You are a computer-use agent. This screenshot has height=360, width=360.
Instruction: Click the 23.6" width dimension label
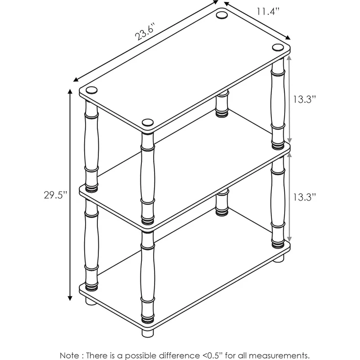point(145,31)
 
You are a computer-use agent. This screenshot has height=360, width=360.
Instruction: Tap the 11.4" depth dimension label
point(268,11)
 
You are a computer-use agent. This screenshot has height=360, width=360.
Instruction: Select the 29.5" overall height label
point(56,195)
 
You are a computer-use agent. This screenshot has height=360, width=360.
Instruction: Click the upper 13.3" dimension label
point(304,99)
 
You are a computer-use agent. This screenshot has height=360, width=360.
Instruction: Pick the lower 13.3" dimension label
point(304,197)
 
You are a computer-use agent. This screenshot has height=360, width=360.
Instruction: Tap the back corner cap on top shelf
point(222,15)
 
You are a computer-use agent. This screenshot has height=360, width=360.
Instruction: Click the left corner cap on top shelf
point(91,90)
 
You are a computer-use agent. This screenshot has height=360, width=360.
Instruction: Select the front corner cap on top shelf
point(148,122)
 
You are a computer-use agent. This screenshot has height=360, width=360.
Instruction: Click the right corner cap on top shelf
point(278,47)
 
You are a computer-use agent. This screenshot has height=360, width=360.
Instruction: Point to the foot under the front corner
point(148,333)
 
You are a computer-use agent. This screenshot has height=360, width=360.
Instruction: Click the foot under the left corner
point(91,301)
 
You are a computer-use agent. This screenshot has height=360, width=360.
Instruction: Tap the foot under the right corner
point(278,258)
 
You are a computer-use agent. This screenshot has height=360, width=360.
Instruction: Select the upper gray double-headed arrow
point(289,99)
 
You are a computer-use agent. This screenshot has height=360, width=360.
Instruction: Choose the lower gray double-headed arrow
point(289,197)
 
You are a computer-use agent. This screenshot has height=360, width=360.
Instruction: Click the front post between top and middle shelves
point(148,178)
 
